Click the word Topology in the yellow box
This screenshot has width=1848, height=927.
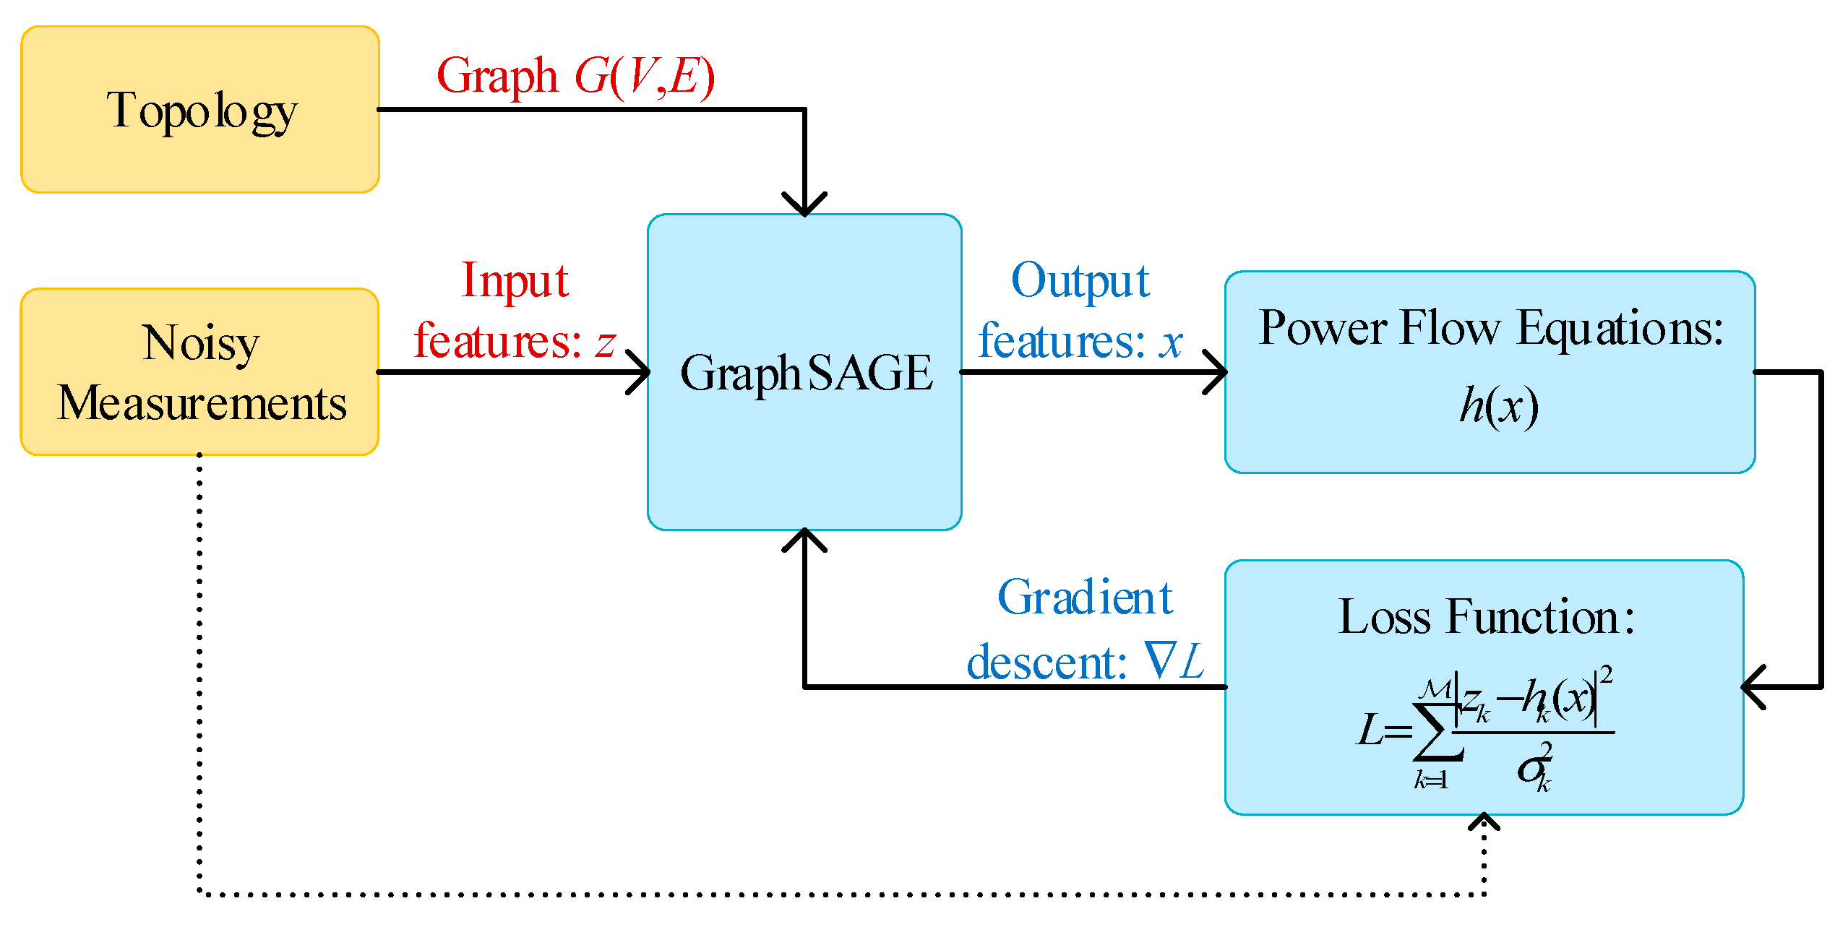point(202,112)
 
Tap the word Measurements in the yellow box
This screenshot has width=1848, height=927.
point(202,403)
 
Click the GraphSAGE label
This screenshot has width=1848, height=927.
point(806,374)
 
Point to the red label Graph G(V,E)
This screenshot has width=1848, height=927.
point(575,76)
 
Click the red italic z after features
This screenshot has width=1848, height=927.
point(605,342)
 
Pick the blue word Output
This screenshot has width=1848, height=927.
point(1080,281)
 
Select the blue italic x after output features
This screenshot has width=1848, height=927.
point(1170,342)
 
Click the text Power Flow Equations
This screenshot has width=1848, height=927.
point(1490,329)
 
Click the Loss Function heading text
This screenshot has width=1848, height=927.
point(1485,618)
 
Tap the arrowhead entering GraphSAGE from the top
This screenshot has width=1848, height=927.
point(804,204)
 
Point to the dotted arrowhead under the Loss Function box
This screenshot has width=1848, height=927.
point(1484,822)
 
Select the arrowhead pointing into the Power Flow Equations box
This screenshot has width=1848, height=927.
point(1217,372)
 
